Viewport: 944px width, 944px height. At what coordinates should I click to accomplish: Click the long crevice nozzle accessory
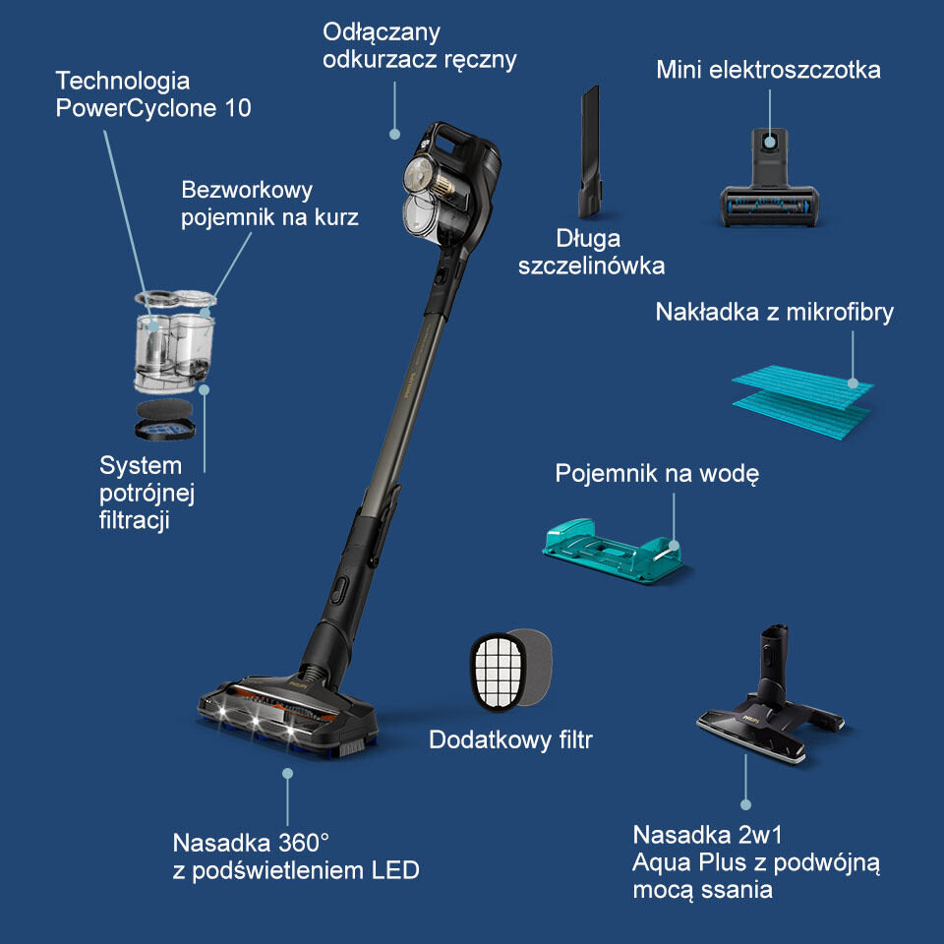[589, 153]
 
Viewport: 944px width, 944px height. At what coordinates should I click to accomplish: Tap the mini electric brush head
[769, 179]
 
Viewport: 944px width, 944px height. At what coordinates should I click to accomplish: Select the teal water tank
[613, 551]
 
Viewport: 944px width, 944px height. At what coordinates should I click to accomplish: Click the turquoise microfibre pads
[802, 400]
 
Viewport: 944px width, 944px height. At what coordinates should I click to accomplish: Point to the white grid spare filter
[498, 671]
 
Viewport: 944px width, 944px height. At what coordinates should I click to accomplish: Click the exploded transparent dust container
[174, 341]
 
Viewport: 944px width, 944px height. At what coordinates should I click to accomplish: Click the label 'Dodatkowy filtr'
[510, 739]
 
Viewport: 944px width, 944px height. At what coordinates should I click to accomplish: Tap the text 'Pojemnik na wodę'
[657, 473]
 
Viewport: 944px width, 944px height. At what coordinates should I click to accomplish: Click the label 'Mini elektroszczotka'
[768, 70]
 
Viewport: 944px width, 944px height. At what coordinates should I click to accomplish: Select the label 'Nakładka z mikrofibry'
[774, 313]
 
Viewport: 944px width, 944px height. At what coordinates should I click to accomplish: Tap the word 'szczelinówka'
[591, 265]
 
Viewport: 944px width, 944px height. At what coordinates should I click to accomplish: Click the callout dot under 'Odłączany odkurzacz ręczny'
[395, 135]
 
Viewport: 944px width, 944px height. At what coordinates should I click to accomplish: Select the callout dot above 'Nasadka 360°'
[288, 774]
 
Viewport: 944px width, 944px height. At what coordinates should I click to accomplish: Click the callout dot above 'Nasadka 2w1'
[746, 805]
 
